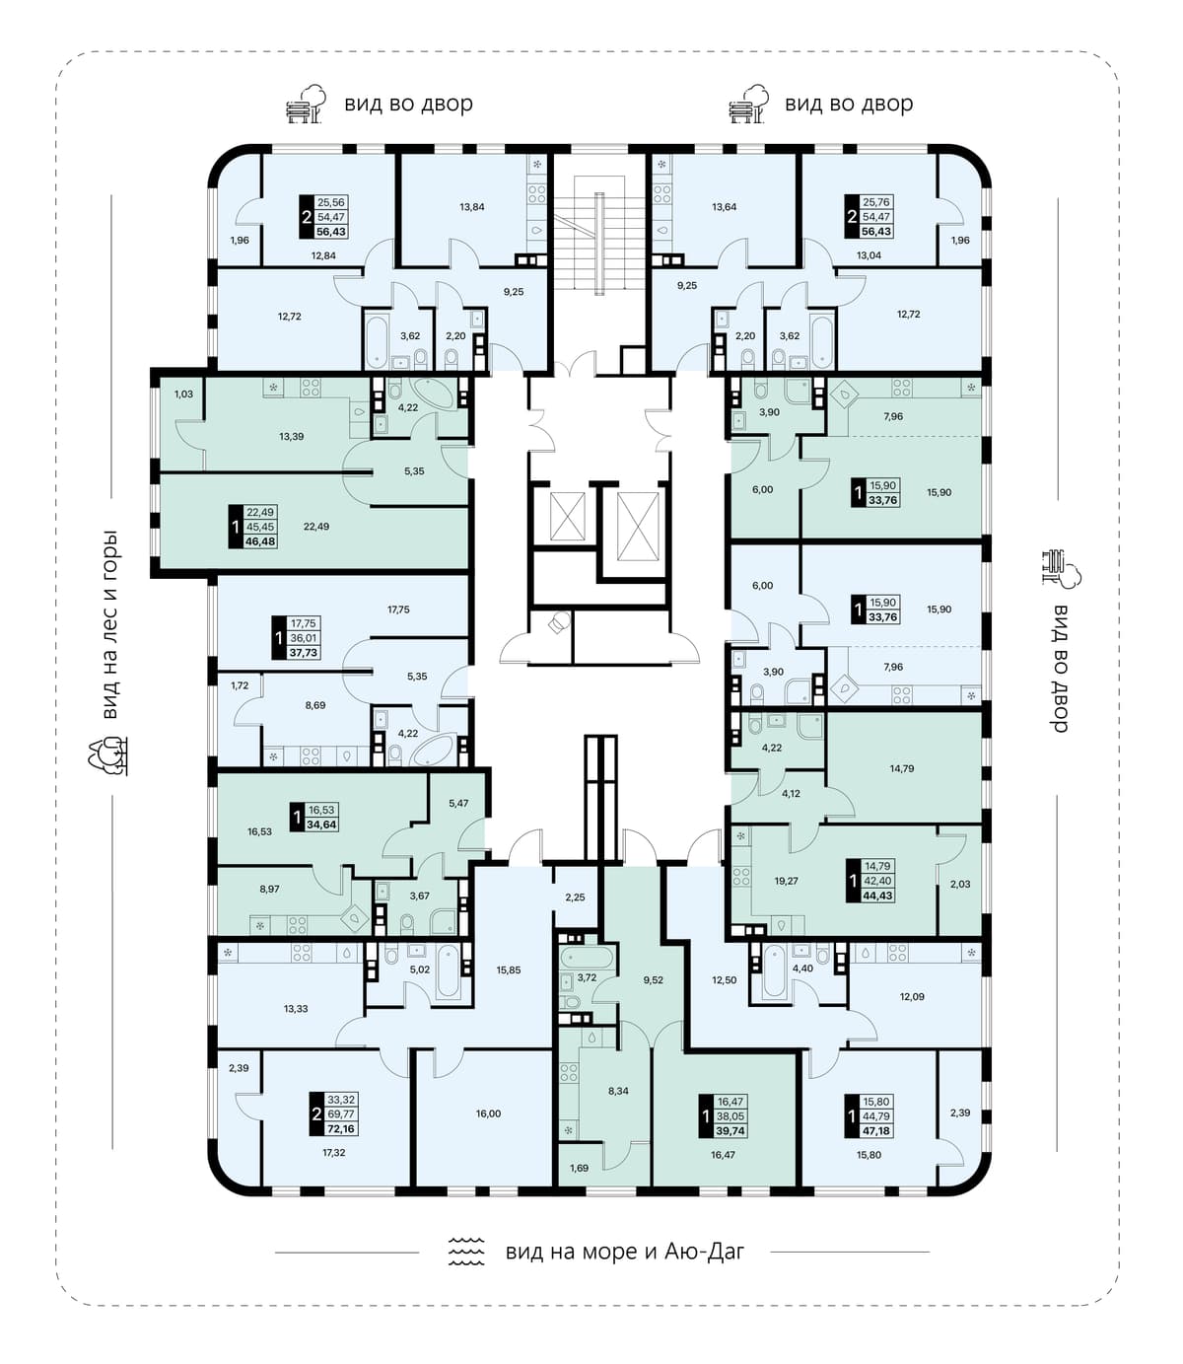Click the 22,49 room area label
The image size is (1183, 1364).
coord(315,526)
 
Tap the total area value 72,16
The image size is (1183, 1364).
coord(340,1128)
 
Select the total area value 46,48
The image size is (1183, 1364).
coord(260,541)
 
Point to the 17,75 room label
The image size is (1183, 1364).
coord(398,609)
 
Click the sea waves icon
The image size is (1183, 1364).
coord(465,1252)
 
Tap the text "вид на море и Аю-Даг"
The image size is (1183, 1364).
coord(625,1252)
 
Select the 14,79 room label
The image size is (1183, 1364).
coord(901,768)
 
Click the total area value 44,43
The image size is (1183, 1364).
coord(877,896)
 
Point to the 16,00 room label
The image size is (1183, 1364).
coord(488,1113)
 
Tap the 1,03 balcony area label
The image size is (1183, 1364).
coord(183,394)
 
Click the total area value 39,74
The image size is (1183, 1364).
coord(731,1130)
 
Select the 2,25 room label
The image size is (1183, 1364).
coord(575,897)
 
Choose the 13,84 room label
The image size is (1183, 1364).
coord(471,207)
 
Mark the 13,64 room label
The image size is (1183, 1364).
coord(724,207)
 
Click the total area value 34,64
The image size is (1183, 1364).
coord(321,824)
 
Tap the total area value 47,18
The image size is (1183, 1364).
coord(877,1130)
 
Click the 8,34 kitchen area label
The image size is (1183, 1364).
coord(618,1091)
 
